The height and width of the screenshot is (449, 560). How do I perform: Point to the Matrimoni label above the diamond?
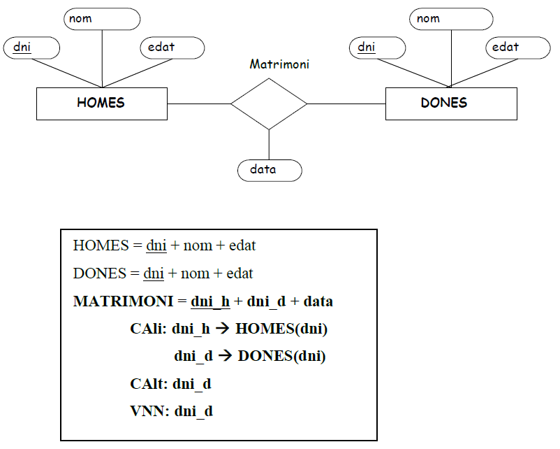point(279,64)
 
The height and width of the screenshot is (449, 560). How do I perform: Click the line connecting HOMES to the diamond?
point(199,104)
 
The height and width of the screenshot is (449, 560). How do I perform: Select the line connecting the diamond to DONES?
point(346,104)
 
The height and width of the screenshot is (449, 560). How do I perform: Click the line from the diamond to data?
point(269,145)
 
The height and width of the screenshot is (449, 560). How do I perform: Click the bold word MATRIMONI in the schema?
point(123,301)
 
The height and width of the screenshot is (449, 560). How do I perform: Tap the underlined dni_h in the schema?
point(210,301)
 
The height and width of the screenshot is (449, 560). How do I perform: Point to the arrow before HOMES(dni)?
point(223,329)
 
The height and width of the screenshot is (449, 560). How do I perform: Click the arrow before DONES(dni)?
point(225,355)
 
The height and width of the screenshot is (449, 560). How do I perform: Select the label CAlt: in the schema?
point(149,384)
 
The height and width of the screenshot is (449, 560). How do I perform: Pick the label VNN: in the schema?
point(150,411)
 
